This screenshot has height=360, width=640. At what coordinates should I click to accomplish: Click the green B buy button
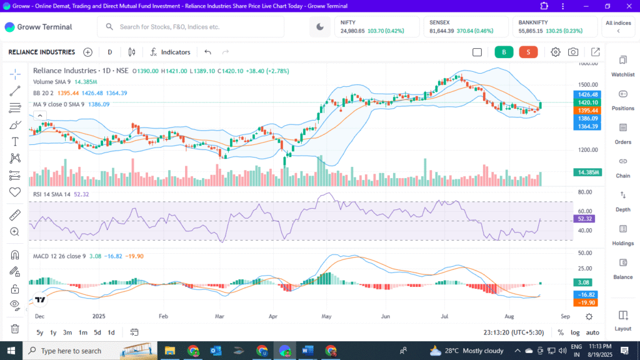(504, 52)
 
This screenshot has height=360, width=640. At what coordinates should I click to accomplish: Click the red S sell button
(528, 52)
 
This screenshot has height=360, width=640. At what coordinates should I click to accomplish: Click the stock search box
(191, 27)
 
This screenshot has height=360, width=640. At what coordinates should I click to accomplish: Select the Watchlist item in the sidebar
(622, 66)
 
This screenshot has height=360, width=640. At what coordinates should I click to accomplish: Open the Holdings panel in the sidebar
(622, 234)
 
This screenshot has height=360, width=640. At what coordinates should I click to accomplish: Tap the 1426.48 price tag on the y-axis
(587, 94)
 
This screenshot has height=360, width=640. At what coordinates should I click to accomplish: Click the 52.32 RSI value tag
(586, 219)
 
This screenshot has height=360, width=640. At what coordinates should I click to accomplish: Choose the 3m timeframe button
(67, 332)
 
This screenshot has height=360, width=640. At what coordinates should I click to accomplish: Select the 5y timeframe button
(40, 332)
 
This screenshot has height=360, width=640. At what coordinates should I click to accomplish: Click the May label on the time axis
(326, 317)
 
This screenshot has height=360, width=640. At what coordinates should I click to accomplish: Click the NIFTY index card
(378, 26)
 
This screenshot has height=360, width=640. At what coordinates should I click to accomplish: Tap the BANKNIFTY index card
(556, 26)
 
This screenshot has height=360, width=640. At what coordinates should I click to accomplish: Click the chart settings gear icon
(556, 52)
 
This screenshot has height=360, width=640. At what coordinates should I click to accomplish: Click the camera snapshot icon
(573, 52)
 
